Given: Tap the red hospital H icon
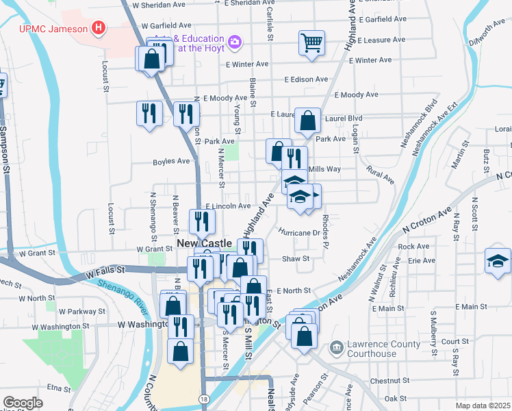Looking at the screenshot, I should coord(99,28).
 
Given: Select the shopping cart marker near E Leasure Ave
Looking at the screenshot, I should coord(311,43).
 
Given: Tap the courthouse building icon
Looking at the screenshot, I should coord(336,348).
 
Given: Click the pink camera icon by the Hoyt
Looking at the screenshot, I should coord(235,43).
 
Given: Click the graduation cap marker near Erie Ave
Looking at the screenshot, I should coord(498,261).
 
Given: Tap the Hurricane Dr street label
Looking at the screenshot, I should coord(299,232).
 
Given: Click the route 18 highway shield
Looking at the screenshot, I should coord(205,398).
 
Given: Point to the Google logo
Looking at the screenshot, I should coord(23,402).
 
